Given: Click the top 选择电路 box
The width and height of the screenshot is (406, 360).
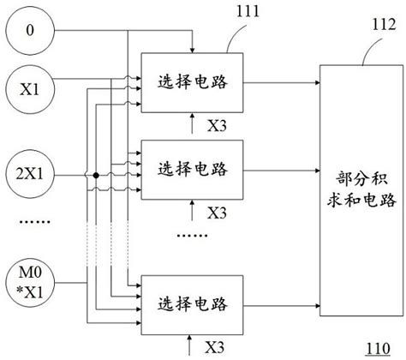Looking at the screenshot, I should (x=191, y=83).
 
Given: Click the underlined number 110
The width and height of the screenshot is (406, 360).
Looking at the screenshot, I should (x=377, y=348).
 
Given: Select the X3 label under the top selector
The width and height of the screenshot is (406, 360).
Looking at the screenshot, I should (x=218, y=125).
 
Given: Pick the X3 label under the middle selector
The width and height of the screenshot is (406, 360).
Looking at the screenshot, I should (x=218, y=212).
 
